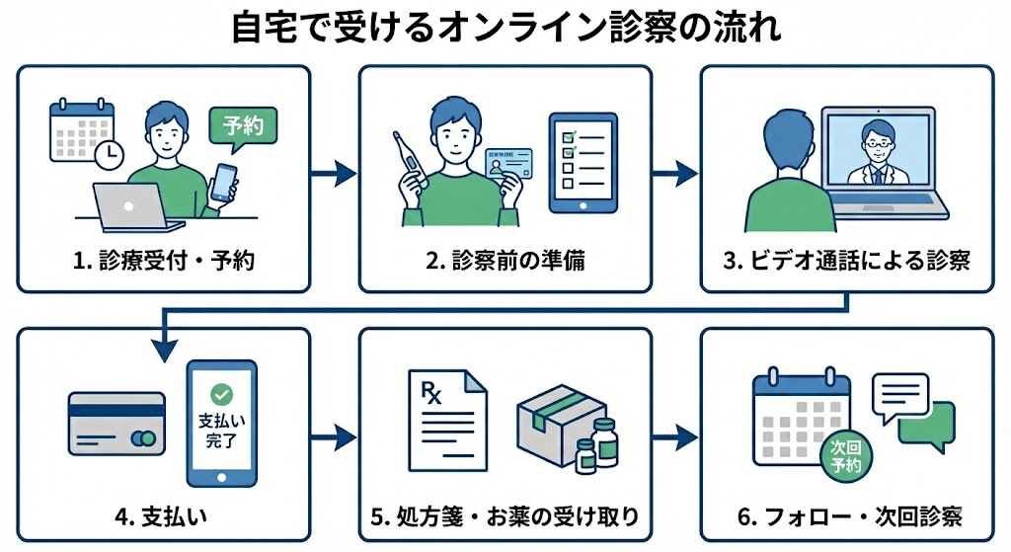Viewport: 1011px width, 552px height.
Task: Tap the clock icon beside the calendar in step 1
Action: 109,152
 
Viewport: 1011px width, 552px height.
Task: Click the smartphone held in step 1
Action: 224,183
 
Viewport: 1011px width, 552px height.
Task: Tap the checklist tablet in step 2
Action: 583,162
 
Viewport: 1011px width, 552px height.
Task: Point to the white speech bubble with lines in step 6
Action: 899,396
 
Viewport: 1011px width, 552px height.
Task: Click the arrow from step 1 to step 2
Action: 334,175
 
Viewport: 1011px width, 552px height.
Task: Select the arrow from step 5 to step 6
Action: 675,434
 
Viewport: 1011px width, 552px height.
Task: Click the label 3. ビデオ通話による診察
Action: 846,262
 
